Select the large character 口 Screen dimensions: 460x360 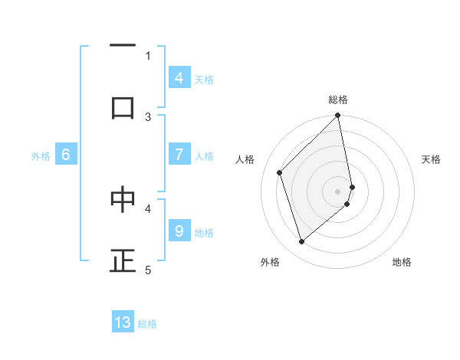coord(123,108)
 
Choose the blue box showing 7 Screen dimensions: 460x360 coord(179,154)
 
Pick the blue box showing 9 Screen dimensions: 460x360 coord(179,231)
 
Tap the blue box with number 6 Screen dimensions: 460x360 coord(66,155)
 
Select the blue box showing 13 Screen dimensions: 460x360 coord(123,322)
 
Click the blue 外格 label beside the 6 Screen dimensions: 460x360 coord(41,156)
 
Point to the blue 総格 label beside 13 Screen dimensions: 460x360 coord(147,324)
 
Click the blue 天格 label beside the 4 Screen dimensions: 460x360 coord(204,79)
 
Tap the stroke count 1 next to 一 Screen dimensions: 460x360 coord(148,55)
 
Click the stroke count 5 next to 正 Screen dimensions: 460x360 coord(148,270)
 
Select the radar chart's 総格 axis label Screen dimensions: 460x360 coord(338,100)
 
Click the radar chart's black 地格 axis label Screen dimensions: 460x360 coord(402,262)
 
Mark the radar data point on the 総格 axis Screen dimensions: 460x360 coord(338,116)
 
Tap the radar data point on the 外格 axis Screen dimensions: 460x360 coord(301,242)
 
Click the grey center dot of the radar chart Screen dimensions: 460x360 coord(338,191)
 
